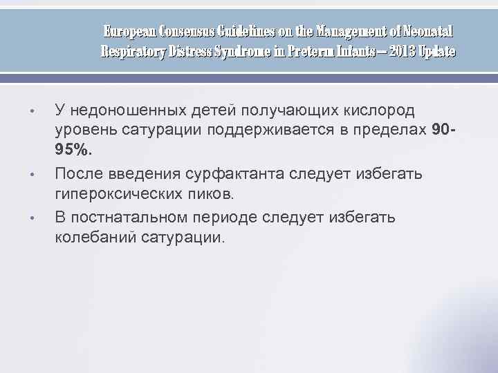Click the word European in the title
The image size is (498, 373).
pos(129,32)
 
